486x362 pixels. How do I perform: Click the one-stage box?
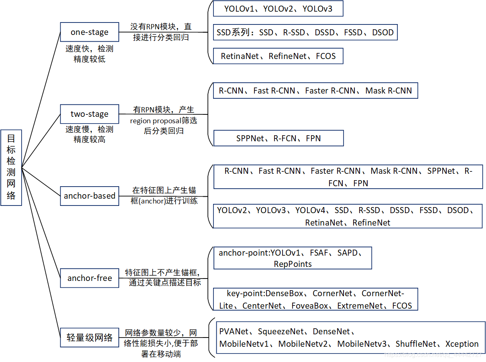[89, 32]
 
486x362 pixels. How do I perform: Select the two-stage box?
[89, 114]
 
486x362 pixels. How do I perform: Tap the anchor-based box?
[89, 196]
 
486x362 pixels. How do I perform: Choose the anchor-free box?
[89, 278]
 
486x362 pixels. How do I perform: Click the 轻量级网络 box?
[89, 338]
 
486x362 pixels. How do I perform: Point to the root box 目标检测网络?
[11, 167]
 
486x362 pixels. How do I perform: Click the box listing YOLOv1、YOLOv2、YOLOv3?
[278, 8]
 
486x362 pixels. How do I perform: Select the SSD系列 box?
[305, 33]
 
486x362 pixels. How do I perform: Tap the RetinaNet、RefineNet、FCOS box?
[278, 56]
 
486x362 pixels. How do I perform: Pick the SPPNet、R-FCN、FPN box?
[279, 138]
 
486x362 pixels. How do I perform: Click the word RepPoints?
[293, 264]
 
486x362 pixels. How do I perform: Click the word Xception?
[462, 344]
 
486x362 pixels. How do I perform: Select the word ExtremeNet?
[360, 306]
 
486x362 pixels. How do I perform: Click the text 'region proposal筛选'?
[163, 121]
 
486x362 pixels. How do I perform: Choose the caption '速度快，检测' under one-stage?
[89, 49]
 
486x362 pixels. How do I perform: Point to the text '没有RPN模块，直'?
[161, 27]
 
